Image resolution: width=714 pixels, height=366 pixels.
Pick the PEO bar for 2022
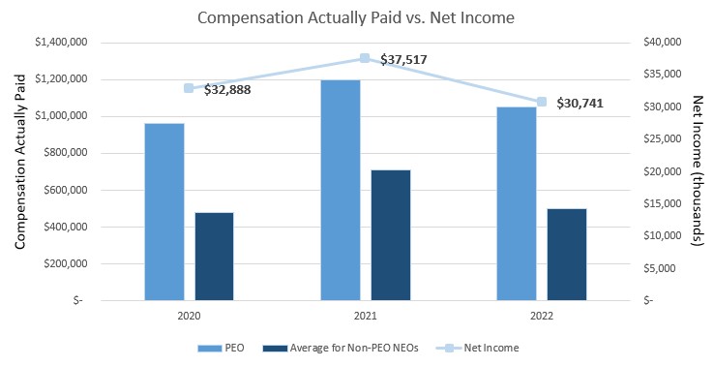516,203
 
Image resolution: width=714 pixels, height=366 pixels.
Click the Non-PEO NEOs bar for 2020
214,256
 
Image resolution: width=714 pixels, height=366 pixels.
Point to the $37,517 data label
403,60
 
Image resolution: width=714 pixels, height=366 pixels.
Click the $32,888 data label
228,90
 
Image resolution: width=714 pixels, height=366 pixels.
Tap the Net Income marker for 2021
365,59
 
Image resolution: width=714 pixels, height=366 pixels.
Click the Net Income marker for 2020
189,88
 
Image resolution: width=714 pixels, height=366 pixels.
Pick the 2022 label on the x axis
541,316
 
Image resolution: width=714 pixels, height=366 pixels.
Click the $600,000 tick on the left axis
67,190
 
